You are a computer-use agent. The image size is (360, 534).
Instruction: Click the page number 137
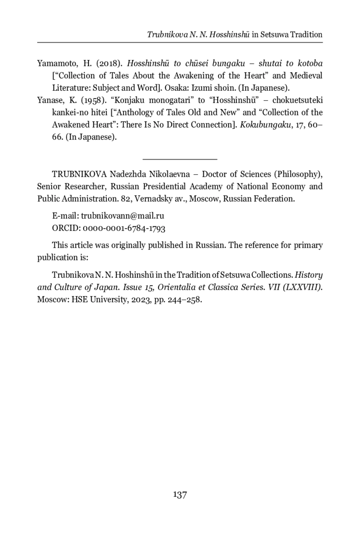[180, 495]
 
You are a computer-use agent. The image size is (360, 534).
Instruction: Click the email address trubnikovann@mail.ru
[122, 216]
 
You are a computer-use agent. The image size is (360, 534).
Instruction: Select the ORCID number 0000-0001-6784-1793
[124, 228]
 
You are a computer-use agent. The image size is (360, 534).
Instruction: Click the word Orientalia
[177, 287]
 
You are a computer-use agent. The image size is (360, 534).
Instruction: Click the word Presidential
[164, 186]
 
